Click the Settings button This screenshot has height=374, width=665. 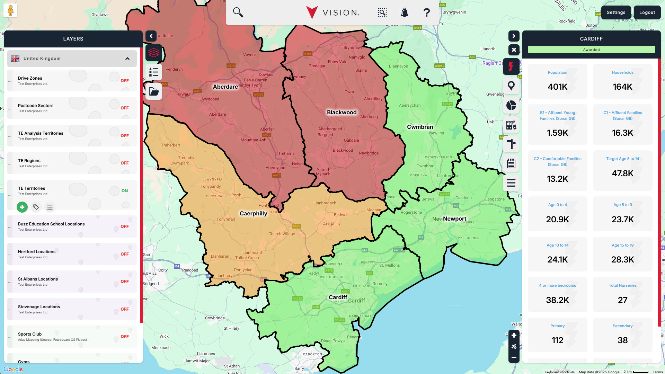click(616, 12)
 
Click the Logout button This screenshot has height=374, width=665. click(647, 12)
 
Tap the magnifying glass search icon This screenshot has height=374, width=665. click(238, 12)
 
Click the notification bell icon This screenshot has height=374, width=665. click(404, 13)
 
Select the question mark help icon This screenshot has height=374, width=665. click(426, 13)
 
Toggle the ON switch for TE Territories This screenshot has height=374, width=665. click(124, 191)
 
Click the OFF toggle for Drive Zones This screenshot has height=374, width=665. click(124, 81)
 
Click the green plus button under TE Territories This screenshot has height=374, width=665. click(22, 207)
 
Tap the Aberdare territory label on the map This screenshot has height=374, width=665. click(225, 87)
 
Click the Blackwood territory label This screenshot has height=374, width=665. click(342, 113)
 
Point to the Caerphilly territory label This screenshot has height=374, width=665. click(253, 214)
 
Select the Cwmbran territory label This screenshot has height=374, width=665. click(420, 127)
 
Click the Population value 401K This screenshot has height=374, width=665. click(557, 87)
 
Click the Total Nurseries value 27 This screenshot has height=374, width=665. click(622, 300)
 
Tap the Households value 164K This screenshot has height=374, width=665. click(622, 87)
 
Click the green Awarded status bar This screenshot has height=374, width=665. click(591, 50)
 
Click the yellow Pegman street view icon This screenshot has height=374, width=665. click(10, 10)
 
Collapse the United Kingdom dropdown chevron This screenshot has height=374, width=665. click(127, 59)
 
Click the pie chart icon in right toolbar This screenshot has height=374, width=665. click(511, 105)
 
